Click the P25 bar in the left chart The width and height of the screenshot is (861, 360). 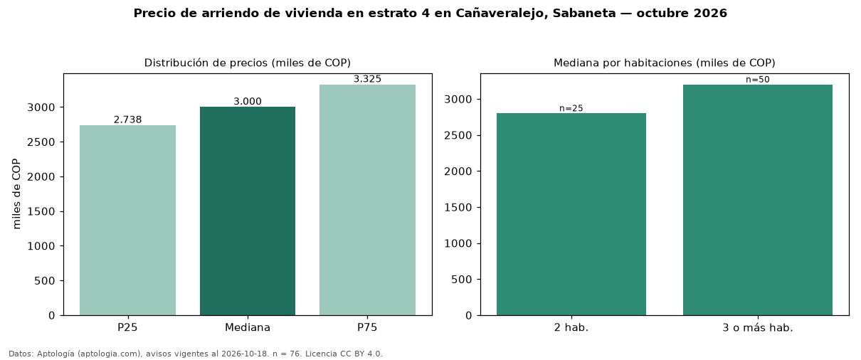click(127, 220)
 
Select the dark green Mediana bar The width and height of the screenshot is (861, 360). click(248, 211)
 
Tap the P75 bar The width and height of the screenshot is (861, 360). click(367, 200)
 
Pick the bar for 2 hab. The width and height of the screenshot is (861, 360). click(571, 214)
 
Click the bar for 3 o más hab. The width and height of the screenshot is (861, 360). click(758, 200)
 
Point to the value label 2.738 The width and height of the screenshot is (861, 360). click(127, 120)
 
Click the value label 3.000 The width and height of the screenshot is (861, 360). click(248, 101)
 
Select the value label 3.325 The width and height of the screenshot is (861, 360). click(367, 79)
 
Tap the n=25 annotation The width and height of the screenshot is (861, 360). click(571, 108)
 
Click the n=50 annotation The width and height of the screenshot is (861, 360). click(758, 80)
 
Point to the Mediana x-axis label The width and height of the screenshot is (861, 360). click(248, 327)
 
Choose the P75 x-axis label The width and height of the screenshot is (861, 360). click(367, 327)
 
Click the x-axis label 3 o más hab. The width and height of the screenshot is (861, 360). click(758, 328)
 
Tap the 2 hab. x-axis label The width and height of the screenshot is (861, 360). click(571, 328)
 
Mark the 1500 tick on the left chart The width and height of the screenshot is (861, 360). click(41, 211)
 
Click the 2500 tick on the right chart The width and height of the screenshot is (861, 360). click(458, 135)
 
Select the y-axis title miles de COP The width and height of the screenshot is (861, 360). click(16, 194)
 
